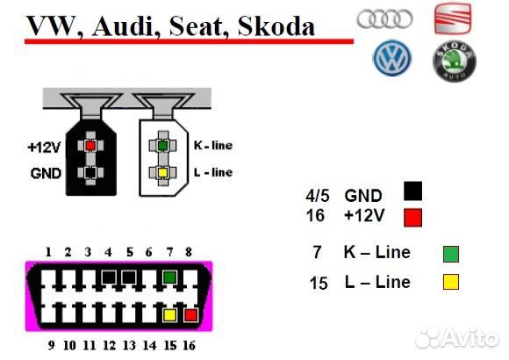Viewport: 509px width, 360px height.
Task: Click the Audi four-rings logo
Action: pos(384,18)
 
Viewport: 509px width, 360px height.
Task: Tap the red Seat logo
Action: pos(453,18)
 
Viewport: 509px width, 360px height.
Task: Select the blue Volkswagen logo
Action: pos(392,58)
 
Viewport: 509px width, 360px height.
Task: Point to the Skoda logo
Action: pos(454,61)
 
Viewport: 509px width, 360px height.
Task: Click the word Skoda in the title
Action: pos(276,26)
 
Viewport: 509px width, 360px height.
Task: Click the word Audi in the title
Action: pos(123,26)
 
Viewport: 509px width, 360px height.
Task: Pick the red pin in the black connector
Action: pos(90,146)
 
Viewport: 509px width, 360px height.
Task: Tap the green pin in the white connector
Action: pos(162,145)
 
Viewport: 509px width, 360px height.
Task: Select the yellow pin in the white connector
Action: pos(162,172)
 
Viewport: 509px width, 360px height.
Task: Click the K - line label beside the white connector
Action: pos(213,145)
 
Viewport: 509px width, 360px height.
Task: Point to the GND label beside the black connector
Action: pos(46,173)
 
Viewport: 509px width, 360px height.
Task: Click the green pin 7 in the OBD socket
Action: pos(169,277)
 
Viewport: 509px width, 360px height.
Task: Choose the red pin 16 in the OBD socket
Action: pos(190,315)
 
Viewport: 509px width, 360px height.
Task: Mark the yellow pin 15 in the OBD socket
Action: pos(169,315)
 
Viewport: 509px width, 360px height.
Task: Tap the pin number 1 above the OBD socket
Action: pos(48,252)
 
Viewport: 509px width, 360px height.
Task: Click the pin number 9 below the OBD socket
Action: pos(51,345)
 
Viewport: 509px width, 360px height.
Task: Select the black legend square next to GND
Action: pos(413,191)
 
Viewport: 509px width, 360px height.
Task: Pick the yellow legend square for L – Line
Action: pos(451,282)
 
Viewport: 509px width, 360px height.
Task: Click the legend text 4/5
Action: pos(317,196)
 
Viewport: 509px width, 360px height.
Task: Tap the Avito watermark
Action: pos(457,338)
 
